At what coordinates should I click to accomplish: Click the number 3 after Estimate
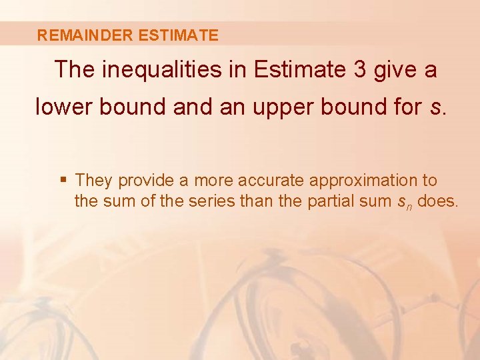click(x=359, y=69)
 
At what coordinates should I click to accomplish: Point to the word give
click(x=396, y=69)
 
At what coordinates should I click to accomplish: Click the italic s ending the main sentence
click(x=435, y=107)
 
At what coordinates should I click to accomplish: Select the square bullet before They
click(x=63, y=180)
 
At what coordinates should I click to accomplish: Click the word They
click(x=94, y=180)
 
